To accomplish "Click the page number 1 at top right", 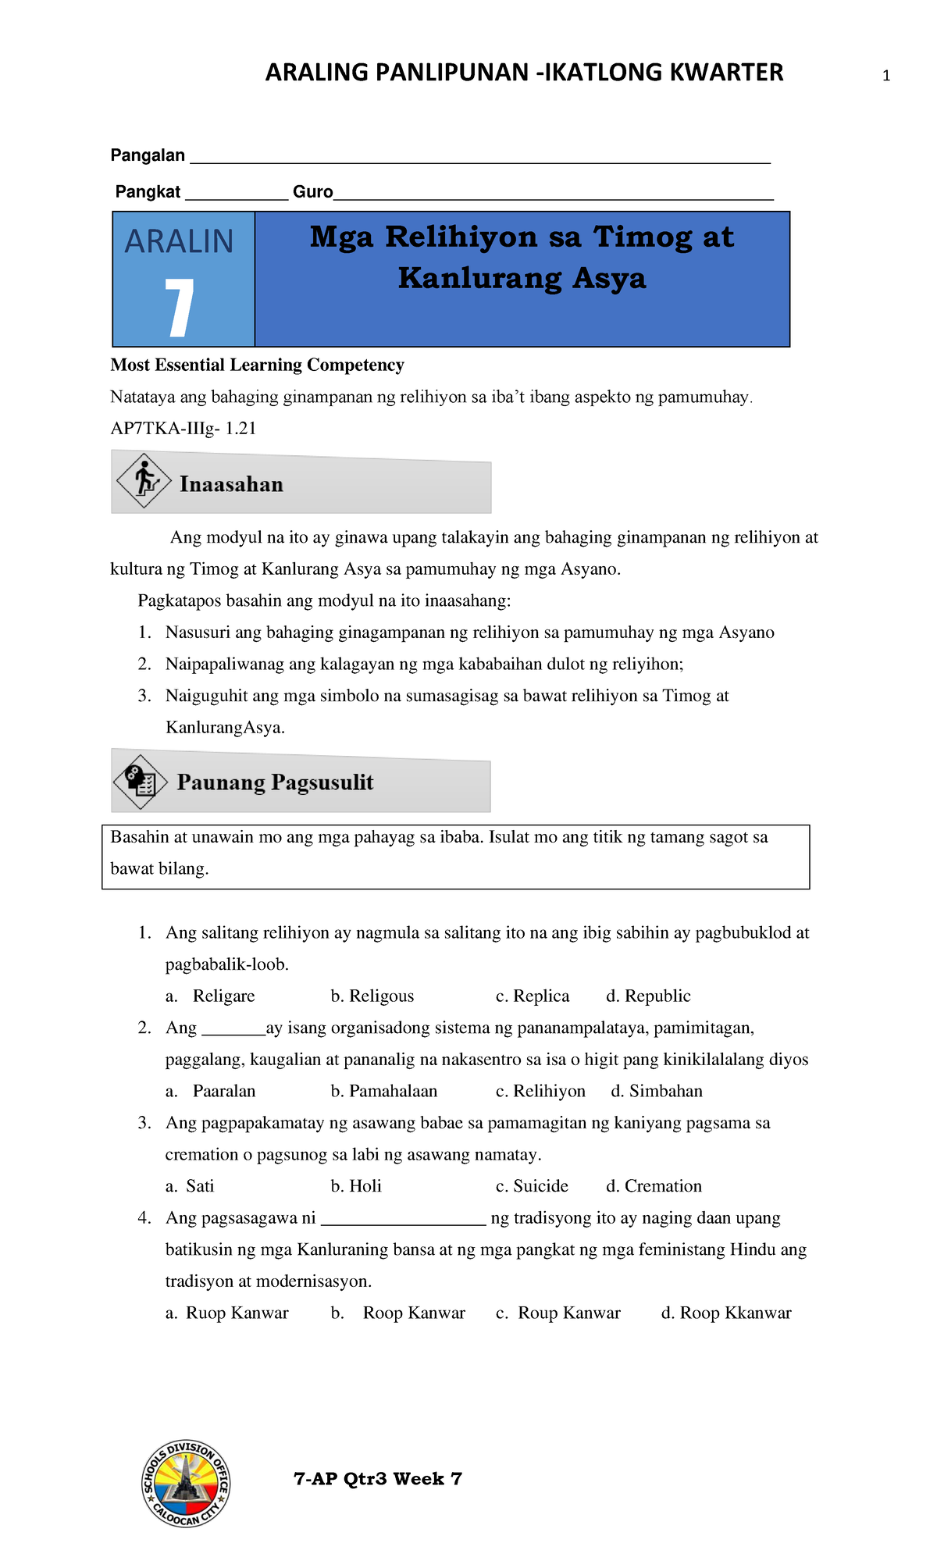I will pyautogui.click(x=885, y=77).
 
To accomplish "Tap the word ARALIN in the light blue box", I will pyautogui.click(x=179, y=241).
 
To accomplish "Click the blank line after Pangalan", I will pyautogui.click(x=479, y=159).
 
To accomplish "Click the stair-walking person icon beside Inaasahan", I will pyautogui.click(x=144, y=480).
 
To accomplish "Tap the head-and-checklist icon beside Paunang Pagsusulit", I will pyautogui.click(x=141, y=781).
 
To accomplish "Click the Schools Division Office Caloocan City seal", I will pyautogui.click(x=186, y=1484).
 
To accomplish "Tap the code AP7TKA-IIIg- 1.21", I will pyautogui.click(x=183, y=429).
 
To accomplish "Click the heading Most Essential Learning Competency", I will pyautogui.click(x=257, y=365).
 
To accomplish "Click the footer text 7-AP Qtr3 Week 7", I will pyautogui.click(x=377, y=1479).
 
